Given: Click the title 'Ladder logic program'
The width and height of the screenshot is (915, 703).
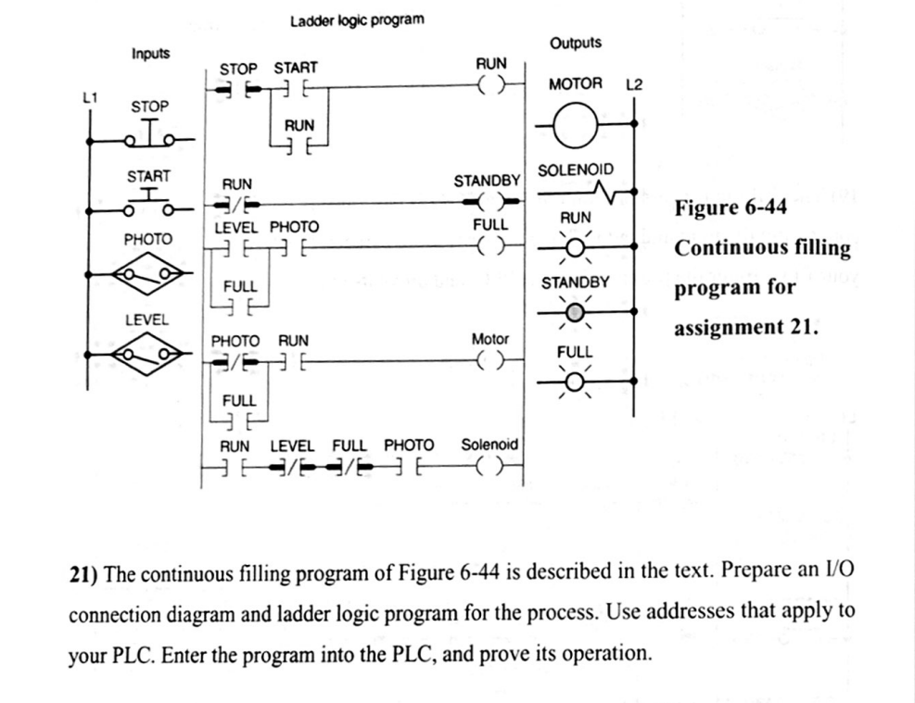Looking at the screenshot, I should [357, 19].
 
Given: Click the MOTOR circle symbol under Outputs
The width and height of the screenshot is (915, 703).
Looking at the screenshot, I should [576, 121].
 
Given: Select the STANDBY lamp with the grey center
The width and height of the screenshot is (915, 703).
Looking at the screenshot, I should [576, 312].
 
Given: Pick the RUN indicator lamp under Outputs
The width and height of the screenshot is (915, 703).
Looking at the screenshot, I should [576, 246].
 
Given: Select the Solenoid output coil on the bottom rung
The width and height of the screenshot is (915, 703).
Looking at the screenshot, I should [490, 470].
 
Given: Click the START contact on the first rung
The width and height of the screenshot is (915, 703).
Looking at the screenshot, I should [296, 89].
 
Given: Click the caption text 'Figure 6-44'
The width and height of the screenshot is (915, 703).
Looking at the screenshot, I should [731, 207].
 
